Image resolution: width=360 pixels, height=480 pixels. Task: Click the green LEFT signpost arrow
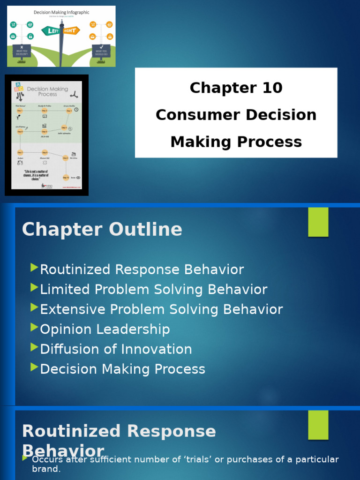point(51,31)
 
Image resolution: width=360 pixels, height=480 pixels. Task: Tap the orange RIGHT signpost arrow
point(72,30)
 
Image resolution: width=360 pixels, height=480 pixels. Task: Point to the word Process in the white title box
point(273,142)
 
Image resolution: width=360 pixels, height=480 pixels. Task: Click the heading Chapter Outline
point(102,230)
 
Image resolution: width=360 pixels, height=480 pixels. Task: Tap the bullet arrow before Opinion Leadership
point(34,327)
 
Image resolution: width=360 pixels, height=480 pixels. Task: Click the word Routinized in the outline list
point(75,270)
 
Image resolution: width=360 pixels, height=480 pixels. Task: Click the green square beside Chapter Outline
point(318,222)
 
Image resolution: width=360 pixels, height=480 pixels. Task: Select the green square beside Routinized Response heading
point(318,425)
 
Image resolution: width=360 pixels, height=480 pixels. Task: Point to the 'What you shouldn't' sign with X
point(22,50)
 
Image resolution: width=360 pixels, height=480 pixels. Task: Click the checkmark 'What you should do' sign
point(101,50)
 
